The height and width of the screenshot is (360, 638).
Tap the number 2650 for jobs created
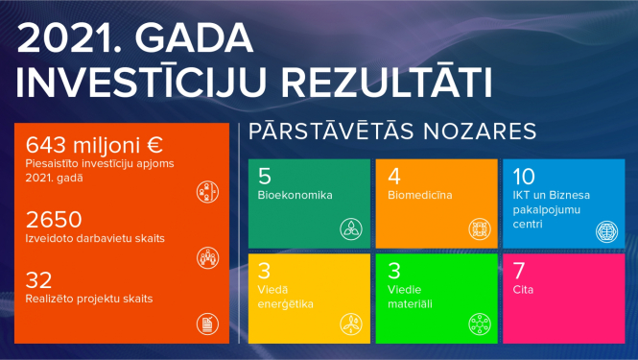click(54, 219)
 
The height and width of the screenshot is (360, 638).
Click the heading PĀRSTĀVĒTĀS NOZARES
click(391, 132)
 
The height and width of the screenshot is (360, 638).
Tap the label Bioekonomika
click(295, 196)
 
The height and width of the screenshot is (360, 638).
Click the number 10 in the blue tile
click(524, 177)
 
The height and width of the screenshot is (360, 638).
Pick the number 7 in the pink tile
click(519, 268)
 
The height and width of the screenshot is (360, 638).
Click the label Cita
click(524, 288)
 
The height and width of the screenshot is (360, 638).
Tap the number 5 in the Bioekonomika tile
click(265, 177)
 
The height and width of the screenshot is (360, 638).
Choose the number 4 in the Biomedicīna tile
click(393, 177)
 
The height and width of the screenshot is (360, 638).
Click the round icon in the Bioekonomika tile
click(351, 228)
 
